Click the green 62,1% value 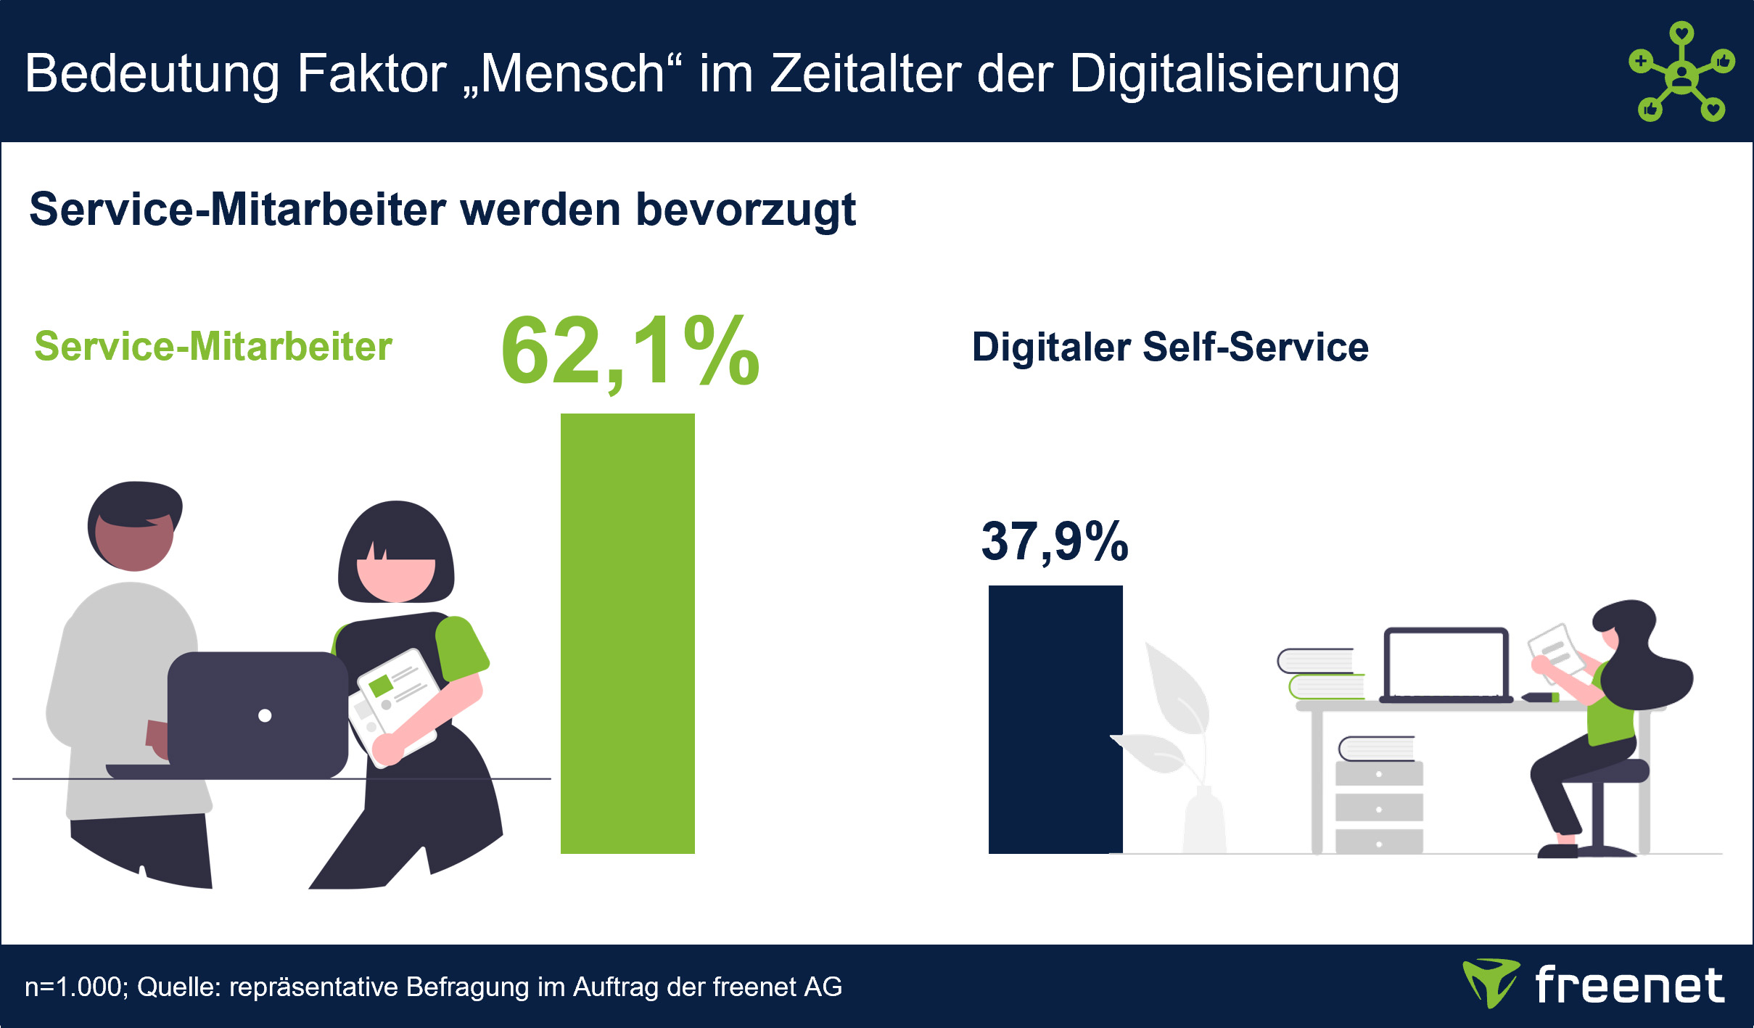[630, 353]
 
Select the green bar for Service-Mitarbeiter [627, 633]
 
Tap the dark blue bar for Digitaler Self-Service [1055, 719]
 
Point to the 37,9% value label [1055, 541]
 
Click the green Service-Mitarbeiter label [213, 346]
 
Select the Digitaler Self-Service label [1170, 347]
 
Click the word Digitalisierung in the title [1234, 75]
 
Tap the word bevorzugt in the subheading [746, 211]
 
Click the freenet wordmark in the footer [1630, 984]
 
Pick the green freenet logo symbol [1491, 983]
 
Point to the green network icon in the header [1682, 71]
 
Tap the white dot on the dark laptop [265, 716]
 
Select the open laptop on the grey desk [1446, 665]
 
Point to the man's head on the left [135, 525]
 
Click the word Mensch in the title [572, 75]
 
